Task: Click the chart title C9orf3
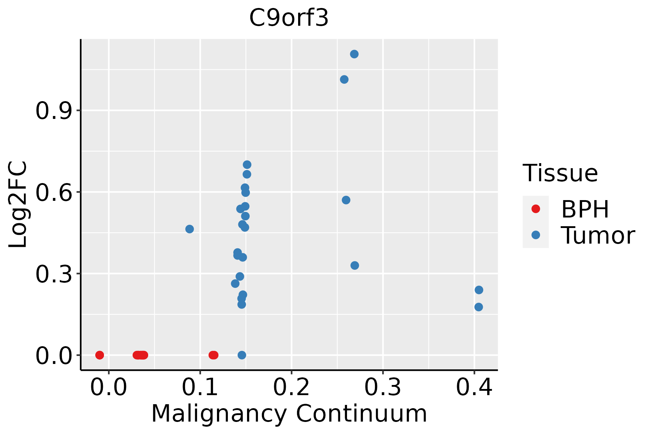point(289,18)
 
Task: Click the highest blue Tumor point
point(354,54)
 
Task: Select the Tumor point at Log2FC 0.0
point(242,355)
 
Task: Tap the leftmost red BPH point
point(100,355)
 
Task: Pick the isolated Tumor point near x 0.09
point(189,229)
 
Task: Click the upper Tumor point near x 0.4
point(479,290)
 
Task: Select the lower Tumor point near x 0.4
point(478,307)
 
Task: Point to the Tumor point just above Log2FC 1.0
point(344,79)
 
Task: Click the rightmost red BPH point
point(214,355)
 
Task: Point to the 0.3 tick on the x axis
point(383,388)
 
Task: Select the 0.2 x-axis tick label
point(291,388)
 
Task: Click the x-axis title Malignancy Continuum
point(289,414)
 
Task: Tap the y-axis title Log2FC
point(18,205)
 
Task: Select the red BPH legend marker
point(535,209)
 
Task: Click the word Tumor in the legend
point(598,236)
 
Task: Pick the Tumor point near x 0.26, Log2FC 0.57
point(346,200)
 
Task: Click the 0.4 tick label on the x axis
point(474,388)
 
